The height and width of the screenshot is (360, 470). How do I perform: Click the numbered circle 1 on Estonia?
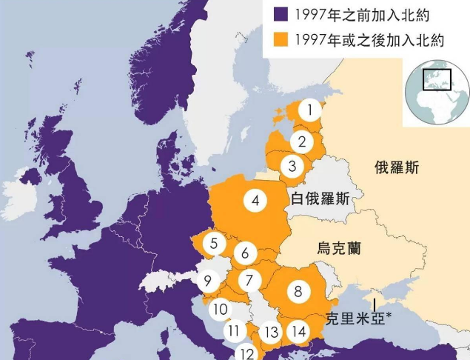(310, 111)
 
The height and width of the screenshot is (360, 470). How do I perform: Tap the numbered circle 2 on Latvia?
(301, 141)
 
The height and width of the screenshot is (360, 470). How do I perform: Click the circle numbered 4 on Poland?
(255, 200)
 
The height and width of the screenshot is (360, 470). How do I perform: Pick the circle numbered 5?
(214, 243)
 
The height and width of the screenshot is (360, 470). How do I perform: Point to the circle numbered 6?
(246, 253)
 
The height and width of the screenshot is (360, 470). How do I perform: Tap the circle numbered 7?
(249, 281)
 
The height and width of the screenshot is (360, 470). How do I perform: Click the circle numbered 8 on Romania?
(298, 291)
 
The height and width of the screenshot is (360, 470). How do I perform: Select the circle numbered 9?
(208, 281)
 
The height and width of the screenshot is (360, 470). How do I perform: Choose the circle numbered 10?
(219, 310)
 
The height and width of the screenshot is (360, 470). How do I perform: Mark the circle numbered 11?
(235, 331)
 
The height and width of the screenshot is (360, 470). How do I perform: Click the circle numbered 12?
(247, 353)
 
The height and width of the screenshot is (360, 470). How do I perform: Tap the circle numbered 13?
(272, 332)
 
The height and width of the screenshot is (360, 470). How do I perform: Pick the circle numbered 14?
(299, 331)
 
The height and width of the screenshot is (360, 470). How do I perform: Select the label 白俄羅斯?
(320, 199)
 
